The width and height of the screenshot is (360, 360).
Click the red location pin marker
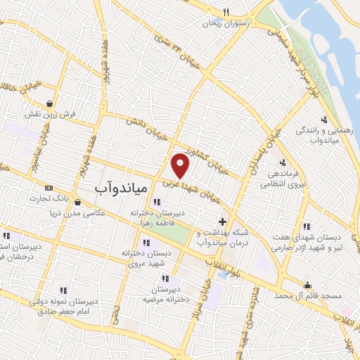tap(181, 165)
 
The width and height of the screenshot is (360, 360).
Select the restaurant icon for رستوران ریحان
tap(226, 12)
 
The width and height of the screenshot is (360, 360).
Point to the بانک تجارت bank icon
tap(49, 188)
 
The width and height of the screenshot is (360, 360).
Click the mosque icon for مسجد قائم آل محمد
tap(308, 285)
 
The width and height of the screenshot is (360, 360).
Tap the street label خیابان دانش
tap(150, 131)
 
